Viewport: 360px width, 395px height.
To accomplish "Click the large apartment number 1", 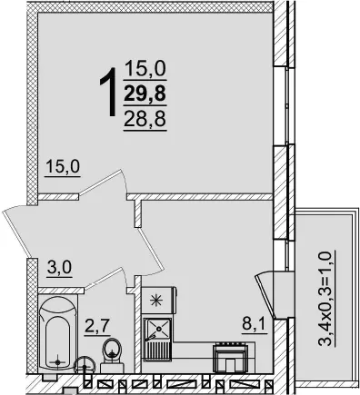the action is (x=108, y=92).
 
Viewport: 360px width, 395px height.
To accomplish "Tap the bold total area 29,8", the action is (x=145, y=93).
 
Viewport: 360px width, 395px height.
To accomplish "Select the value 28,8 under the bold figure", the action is (x=145, y=118).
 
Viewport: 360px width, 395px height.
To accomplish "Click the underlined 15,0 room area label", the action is (x=63, y=167).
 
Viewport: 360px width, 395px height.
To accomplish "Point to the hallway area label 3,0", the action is (x=59, y=268).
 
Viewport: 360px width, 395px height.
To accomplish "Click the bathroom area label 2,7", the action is (x=96, y=327).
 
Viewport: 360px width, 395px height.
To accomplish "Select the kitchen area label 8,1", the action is (x=255, y=325).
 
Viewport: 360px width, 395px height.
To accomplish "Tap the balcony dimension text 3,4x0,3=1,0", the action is (x=326, y=298).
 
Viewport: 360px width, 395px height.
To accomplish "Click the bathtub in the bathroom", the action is (x=57, y=333).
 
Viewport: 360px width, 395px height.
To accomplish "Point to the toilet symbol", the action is (x=112, y=356).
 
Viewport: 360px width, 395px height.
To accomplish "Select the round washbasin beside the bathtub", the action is (x=85, y=366).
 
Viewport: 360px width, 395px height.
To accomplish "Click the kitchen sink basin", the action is (x=158, y=329).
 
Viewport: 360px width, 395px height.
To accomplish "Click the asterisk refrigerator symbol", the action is (x=158, y=300).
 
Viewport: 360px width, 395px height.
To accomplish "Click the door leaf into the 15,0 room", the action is (x=102, y=183).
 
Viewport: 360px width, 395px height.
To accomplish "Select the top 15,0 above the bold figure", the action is (x=145, y=68).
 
